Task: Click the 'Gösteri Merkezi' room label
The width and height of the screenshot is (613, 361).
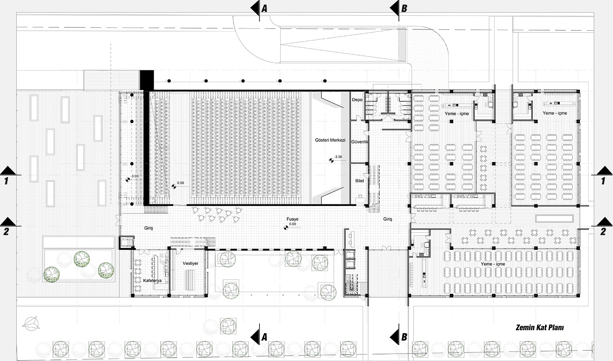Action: [x=330, y=140]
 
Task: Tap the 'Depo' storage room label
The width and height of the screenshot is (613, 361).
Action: [x=357, y=100]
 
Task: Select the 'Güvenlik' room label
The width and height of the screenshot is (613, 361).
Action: [x=360, y=142]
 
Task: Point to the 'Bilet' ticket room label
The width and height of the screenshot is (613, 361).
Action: [x=360, y=181]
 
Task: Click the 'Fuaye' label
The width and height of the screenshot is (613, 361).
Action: [x=293, y=219]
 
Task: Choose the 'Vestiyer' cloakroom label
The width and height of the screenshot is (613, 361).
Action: [x=190, y=263]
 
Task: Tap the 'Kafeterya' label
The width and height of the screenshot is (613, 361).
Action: [x=152, y=280]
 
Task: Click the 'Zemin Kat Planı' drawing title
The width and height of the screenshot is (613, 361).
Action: [x=540, y=327]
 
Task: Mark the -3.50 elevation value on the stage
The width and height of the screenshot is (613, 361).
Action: [x=338, y=157]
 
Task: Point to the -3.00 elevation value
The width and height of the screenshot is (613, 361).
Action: [x=134, y=176]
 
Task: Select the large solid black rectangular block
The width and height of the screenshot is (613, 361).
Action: [x=147, y=80]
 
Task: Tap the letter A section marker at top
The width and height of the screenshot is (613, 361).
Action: [x=264, y=9]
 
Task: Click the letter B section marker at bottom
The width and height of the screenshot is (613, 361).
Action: [x=404, y=337]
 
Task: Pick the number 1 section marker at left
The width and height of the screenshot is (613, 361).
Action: [x=6, y=181]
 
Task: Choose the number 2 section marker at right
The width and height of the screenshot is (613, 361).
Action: [x=603, y=232]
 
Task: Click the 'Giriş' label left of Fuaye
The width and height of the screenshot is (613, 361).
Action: [x=149, y=228]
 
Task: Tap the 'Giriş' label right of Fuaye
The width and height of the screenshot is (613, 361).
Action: [x=387, y=219]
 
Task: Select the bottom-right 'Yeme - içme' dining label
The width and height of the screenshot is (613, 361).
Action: [x=493, y=264]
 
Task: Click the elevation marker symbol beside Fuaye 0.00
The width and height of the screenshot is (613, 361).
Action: [x=286, y=227]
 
